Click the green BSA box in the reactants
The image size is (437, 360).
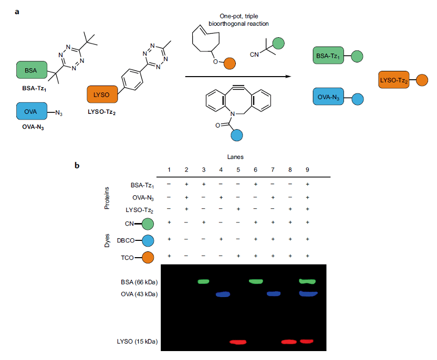pos(31,70)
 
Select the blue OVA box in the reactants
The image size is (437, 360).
pos(31,112)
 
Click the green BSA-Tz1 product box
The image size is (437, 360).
pos(329,55)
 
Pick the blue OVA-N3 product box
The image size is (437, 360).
pos(329,97)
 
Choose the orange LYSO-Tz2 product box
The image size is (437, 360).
pos(394,80)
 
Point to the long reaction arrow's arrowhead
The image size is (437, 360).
pos(288,77)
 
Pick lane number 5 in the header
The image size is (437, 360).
pos(238,170)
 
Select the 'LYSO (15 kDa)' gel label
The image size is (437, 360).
pos(138,342)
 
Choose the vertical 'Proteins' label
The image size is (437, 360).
pos(107,197)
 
